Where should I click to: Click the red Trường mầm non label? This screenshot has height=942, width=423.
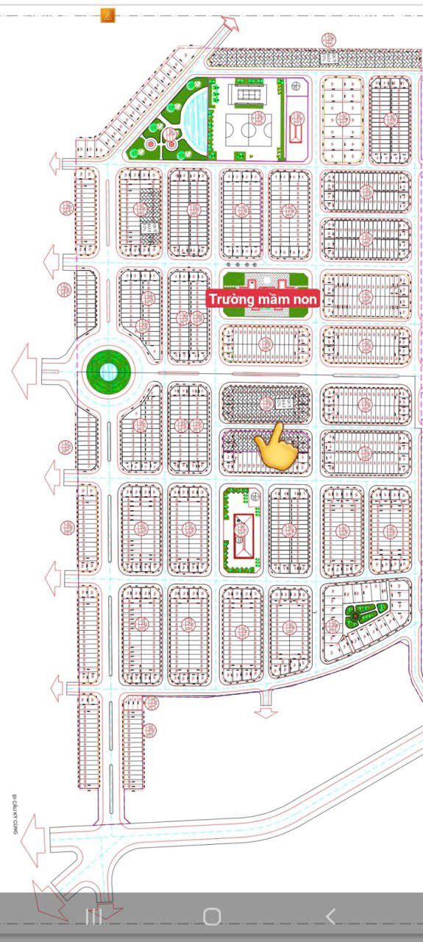(263, 300)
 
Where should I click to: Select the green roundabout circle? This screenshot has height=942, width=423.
(108, 371)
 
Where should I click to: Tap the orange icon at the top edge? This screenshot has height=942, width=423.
(108, 15)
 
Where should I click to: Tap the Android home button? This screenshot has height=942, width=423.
(212, 916)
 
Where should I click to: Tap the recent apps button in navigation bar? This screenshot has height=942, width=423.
(93, 916)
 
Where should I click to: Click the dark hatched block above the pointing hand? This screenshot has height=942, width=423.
(266, 404)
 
